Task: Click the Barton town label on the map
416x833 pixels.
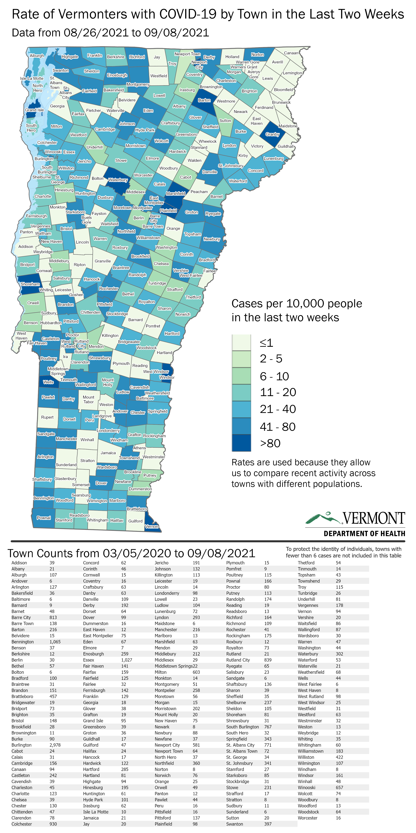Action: pos(204,100)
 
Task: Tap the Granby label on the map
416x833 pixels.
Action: pos(272,134)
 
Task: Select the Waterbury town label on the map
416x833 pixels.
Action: pos(118,180)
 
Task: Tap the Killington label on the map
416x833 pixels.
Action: pos(110,336)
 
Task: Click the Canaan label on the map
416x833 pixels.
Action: pos(291,53)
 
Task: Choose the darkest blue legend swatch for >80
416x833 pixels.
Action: pos(241,443)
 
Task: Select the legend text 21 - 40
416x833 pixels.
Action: pos(278,409)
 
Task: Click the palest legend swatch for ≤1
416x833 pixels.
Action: pos(241,343)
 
